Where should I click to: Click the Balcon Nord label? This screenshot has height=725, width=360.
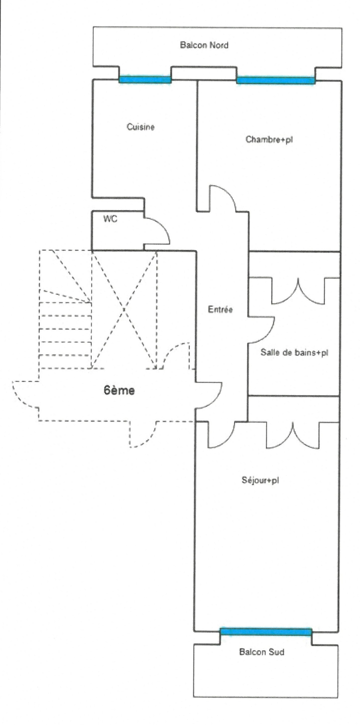tap(204, 45)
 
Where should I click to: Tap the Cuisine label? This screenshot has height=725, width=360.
tap(140, 127)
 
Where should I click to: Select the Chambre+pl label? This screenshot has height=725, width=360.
tap(269, 139)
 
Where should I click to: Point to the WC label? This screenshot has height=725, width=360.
tap(110, 219)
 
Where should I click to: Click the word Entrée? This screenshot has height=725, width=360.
tap(220, 309)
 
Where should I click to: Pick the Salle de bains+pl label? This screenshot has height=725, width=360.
tap(294, 353)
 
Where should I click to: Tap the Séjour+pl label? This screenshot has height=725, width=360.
tap(260, 480)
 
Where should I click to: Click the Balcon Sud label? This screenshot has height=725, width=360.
tap(262, 652)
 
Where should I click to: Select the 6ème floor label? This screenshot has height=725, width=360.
tap(119, 390)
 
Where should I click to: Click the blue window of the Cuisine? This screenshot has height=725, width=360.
tap(145, 79)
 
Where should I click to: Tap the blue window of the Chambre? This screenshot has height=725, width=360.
tap(275, 80)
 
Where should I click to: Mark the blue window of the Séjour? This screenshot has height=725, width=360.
tap(266, 632)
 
